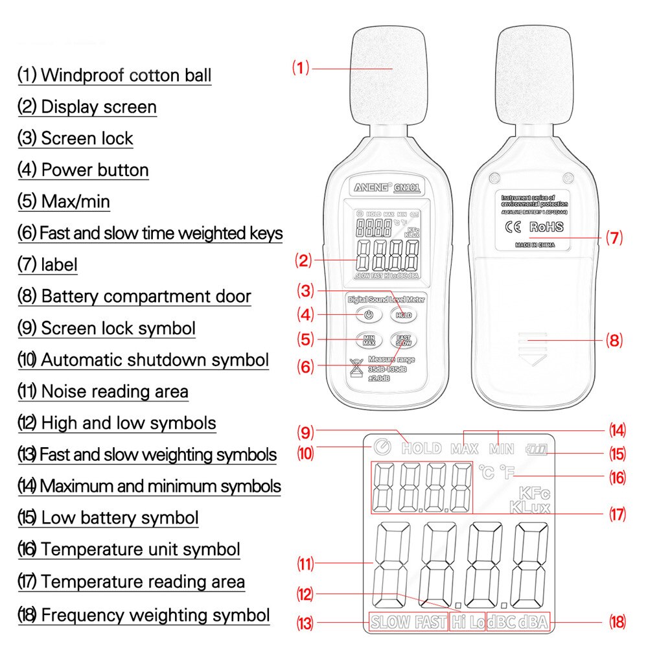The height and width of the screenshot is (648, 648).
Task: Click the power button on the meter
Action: pos(367,315)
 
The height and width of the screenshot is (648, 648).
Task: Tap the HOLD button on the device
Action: pos(404,315)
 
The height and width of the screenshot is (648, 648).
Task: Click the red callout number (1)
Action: pos(301,67)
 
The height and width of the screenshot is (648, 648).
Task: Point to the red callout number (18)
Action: pos(618,623)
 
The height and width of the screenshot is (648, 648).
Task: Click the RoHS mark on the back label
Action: pos(546,227)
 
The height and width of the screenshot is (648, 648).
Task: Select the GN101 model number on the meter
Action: pos(407,189)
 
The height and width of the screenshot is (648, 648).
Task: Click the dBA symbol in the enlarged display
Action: pos(533,623)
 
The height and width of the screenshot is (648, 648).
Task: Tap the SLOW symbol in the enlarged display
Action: pos(391,623)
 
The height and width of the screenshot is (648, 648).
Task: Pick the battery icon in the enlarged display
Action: pos(538,448)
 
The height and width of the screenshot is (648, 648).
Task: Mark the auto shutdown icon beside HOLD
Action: pos(382,447)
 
